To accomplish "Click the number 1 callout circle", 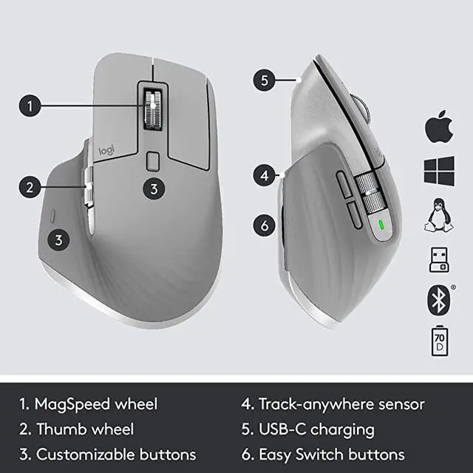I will coord(30,106).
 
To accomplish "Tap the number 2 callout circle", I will coord(30,187).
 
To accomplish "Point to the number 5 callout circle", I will coord(266,79).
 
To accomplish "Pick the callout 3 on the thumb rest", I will coord(59,239).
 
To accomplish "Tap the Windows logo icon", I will coord(438,171).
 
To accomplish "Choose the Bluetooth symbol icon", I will coord(437,299).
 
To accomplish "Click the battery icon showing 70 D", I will coord(438,341).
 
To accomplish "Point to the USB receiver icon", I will coord(438,258).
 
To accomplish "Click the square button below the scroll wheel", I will coord(153,160).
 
